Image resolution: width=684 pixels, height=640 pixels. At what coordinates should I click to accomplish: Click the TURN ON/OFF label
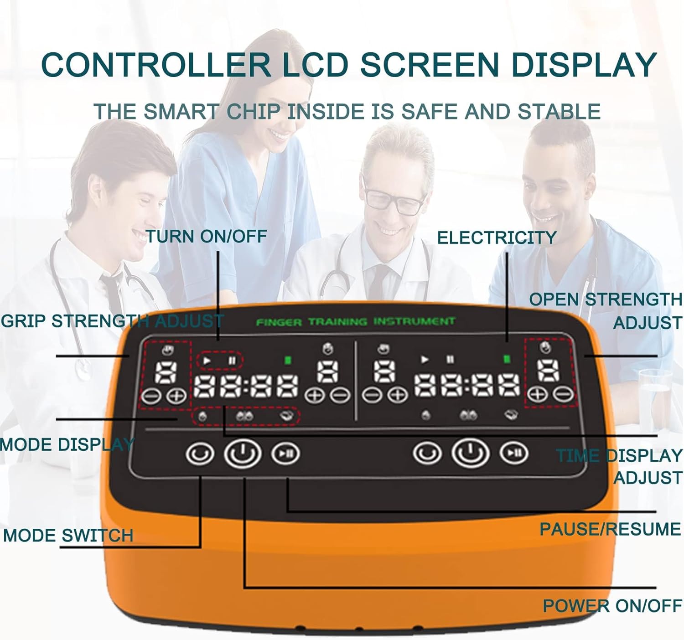click(x=207, y=236)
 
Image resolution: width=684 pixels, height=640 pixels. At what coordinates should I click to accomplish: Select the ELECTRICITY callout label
click(x=497, y=237)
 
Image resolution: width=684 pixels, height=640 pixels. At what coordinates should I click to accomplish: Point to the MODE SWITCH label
click(x=68, y=535)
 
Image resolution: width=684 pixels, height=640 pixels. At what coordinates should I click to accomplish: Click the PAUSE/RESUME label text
click(x=610, y=529)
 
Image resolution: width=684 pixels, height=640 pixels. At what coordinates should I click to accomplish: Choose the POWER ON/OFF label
click(x=612, y=606)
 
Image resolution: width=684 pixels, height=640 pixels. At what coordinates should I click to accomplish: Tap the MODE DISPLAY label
click(x=67, y=444)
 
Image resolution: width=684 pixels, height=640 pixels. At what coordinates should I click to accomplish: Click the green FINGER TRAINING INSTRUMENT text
click(x=356, y=322)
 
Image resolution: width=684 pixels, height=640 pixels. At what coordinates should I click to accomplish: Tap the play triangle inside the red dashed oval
click(x=207, y=361)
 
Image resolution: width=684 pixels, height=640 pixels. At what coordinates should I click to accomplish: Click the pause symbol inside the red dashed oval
click(x=233, y=361)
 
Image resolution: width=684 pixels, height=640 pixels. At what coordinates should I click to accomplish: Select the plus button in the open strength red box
click(x=539, y=394)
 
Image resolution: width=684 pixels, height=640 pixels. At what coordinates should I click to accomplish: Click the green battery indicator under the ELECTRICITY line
click(x=506, y=359)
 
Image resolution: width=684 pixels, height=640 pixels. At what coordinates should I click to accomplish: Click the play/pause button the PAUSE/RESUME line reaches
click(x=285, y=453)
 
